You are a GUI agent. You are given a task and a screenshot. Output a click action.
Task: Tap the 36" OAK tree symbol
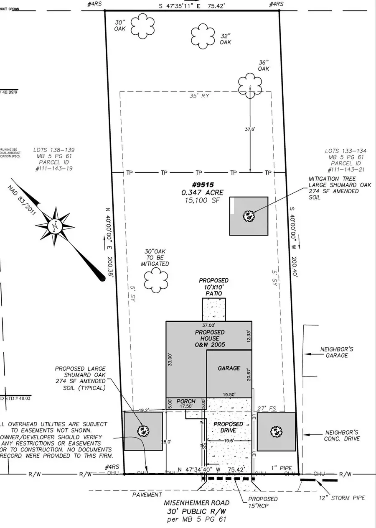(249, 85)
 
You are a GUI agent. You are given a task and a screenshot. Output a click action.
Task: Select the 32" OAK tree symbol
(205, 36)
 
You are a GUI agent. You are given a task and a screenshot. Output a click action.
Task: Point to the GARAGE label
(229, 368)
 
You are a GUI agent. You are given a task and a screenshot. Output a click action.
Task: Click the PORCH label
(185, 401)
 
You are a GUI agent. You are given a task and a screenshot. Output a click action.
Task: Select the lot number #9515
(202, 185)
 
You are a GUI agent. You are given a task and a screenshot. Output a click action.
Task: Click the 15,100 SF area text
(202, 200)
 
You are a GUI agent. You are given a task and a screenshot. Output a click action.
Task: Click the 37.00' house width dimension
(208, 325)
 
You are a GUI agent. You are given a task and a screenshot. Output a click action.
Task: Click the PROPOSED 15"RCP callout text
(263, 502)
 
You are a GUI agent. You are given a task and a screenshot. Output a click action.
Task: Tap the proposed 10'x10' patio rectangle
(214, 309)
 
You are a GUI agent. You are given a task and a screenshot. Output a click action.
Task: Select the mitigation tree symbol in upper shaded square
(249, 216)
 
